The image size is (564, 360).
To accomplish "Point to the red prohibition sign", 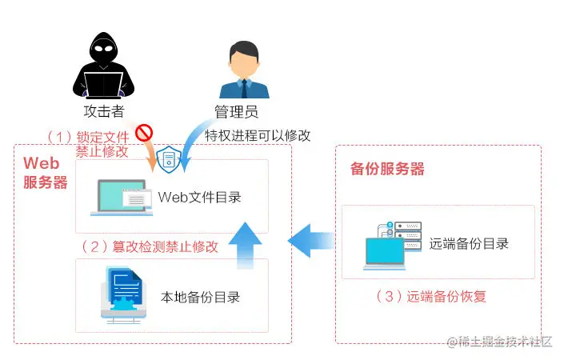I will (x=144, y=132).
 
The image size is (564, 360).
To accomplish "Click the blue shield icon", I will (x=169, y=159).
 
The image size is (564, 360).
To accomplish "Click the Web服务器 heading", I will (x=44, y=173).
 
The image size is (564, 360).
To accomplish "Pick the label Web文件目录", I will (x=199, y=197).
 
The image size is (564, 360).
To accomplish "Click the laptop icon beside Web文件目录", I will (x=120, y=197).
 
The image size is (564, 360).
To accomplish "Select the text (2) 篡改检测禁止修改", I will (x=150, y=246).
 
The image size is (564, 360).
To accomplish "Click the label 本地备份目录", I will (x=201, y=298).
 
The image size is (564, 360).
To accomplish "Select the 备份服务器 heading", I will (x=387, y=170).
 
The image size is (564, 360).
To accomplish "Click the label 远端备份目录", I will (x=469, y=243).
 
